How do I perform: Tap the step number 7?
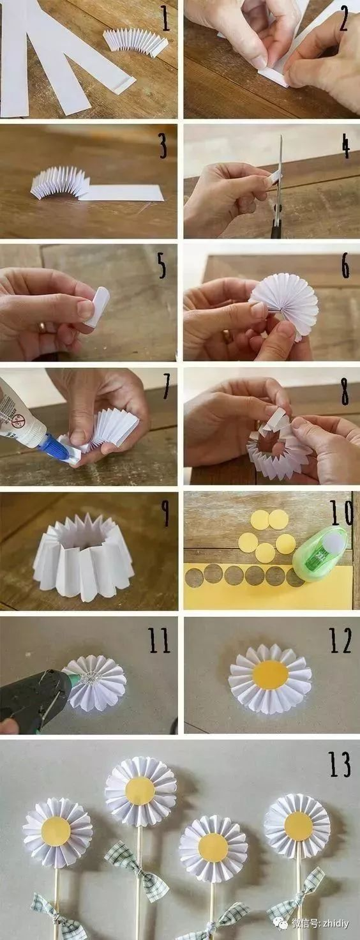coord(167,386)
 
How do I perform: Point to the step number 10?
coord(341,513)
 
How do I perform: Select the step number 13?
coord(339,764)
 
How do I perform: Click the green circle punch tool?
coord(320,554)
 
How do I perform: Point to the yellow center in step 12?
coord(270,675)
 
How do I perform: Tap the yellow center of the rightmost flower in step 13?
coord(298,826)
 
